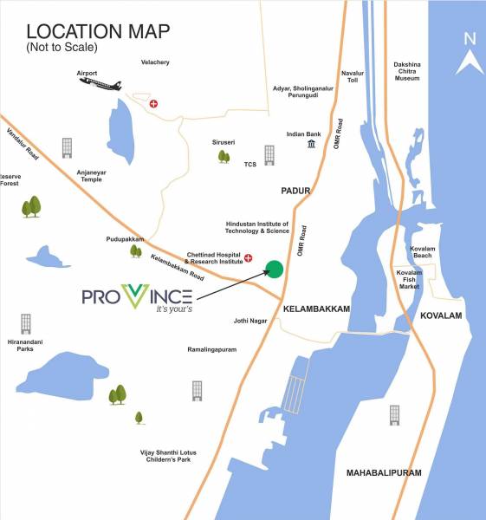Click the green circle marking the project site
click(275, 269)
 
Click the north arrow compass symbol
click(470, 52)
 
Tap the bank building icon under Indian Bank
click(311, 144)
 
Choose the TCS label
click(251, 164)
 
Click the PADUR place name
click(295, 189)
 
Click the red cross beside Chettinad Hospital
click(248, 257)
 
